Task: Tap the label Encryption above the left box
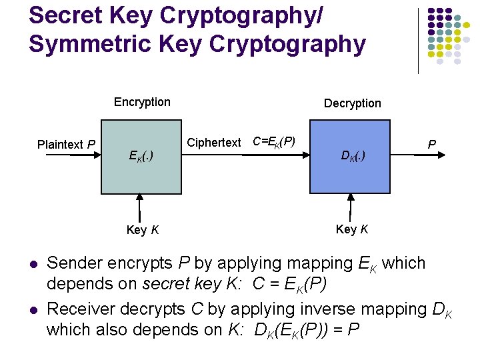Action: [x=142, y=102]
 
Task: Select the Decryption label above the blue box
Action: [x=352, y=103]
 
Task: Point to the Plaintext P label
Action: [x=66, y=144]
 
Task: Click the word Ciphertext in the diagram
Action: [x=213, y=143]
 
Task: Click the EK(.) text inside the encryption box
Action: [x=141, y=157]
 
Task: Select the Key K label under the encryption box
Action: [x=142, y=230]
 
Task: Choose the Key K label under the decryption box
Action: [x=352, y=229]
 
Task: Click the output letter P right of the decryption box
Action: [x=432, y=144]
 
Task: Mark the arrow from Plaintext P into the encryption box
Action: [x=85, y=155]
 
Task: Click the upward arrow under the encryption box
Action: [x=140, y=207]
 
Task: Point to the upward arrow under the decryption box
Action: [x=351, y=207]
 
